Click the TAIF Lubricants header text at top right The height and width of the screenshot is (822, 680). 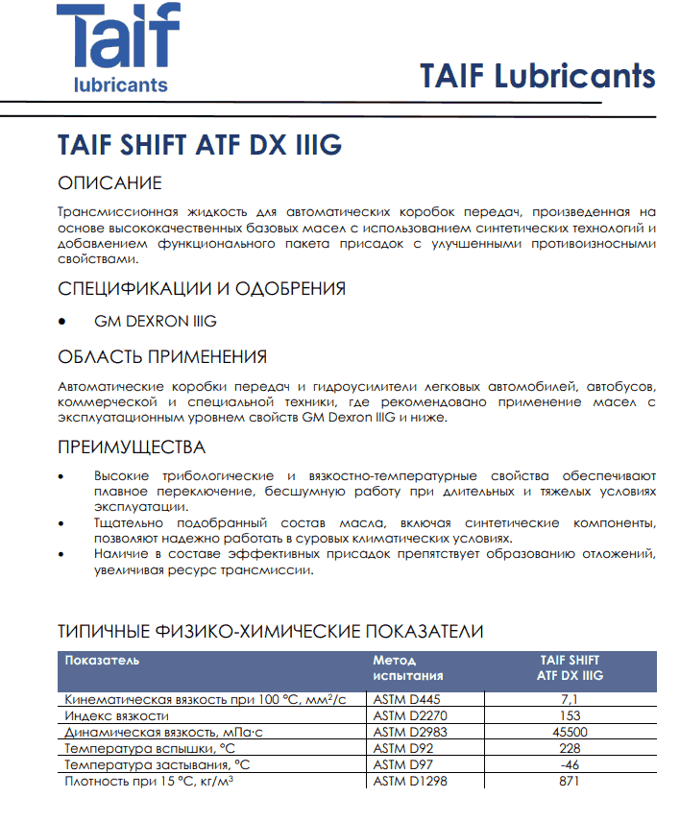point(537,76)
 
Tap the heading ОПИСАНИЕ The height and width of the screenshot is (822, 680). point(109,183)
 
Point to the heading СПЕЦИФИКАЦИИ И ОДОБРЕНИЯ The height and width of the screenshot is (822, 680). point(202,288)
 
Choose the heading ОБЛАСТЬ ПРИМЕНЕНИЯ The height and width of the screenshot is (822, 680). point(162,357)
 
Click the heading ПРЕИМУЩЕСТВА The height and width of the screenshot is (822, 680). point(132,447)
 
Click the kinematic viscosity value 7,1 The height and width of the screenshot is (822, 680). point(570,699)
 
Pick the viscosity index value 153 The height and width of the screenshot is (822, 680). point(570,715)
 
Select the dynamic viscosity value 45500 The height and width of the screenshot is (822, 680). point(570,732)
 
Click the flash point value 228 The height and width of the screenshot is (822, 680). point(570,748)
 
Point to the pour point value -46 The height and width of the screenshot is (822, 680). point(570,764)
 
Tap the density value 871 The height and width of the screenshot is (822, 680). point(570,781)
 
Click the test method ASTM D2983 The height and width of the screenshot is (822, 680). point(410,732)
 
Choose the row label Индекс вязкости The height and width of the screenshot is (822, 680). point(116,715)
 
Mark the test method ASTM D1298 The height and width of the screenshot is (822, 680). point(410,781)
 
